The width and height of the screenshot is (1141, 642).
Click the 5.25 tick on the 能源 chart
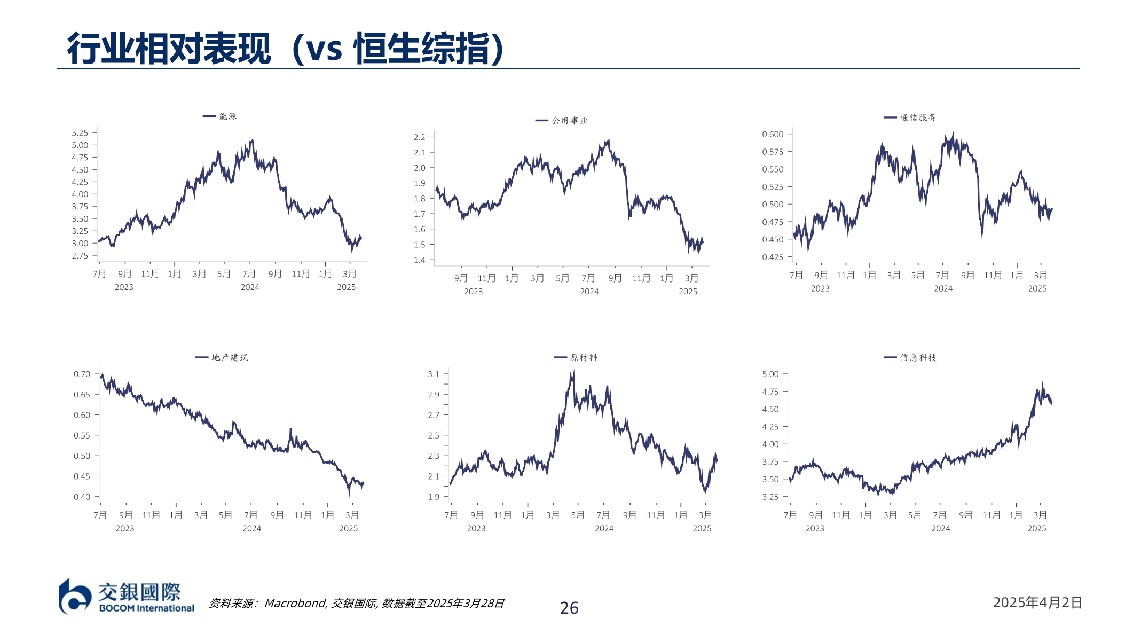[x=80, y=133]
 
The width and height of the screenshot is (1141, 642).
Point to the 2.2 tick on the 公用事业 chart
[x=420, y=137]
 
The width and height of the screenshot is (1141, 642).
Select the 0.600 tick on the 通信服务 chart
[x=773, y=134]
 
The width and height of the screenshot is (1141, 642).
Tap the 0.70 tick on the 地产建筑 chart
[x=82, y=374]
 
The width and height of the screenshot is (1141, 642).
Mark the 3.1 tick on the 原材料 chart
[x=434, y=374]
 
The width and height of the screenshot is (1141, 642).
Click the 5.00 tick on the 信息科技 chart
[x=770, y=374]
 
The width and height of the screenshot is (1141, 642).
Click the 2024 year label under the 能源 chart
[x=250, y=287]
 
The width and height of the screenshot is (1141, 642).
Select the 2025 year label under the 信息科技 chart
[x=1037, y=528]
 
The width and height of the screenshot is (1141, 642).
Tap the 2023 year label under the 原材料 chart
[x=476, y=528]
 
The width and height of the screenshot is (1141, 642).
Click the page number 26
[x=569, y=608]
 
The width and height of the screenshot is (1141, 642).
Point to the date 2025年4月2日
[x=1037, y=602]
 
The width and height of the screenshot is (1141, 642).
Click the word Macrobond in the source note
[x=295, y=604]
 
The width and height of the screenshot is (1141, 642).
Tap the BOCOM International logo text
[x=146, y=608]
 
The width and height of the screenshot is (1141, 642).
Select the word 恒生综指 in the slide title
[x=422, y=49]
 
